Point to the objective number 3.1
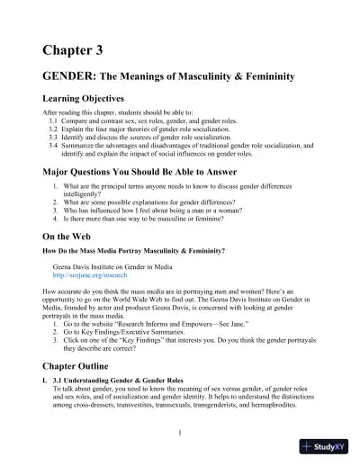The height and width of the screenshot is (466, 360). (53, 119)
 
